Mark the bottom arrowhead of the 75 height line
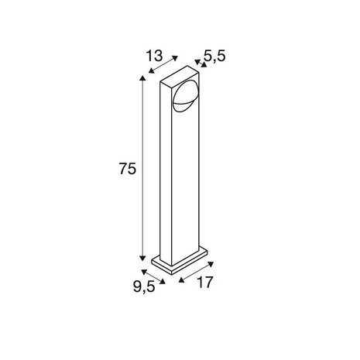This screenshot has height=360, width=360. (142, 259)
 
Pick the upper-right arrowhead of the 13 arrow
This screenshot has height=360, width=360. (178, 58)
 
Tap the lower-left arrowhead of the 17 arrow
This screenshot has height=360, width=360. (180, 278)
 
